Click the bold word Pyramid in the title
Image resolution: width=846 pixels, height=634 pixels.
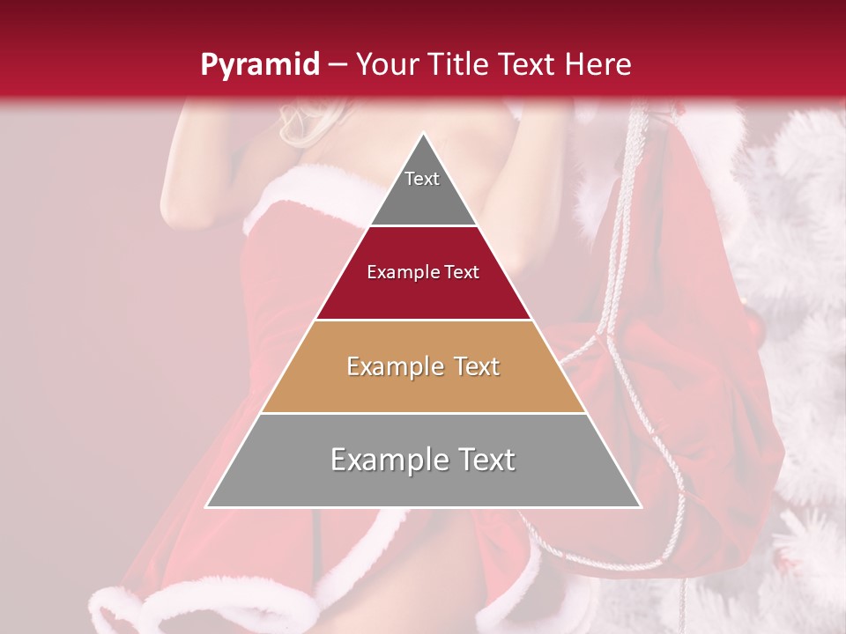click(259, 65)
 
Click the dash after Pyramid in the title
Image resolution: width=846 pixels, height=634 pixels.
click(337, 65)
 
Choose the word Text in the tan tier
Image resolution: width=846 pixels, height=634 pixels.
click(477, 366)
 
